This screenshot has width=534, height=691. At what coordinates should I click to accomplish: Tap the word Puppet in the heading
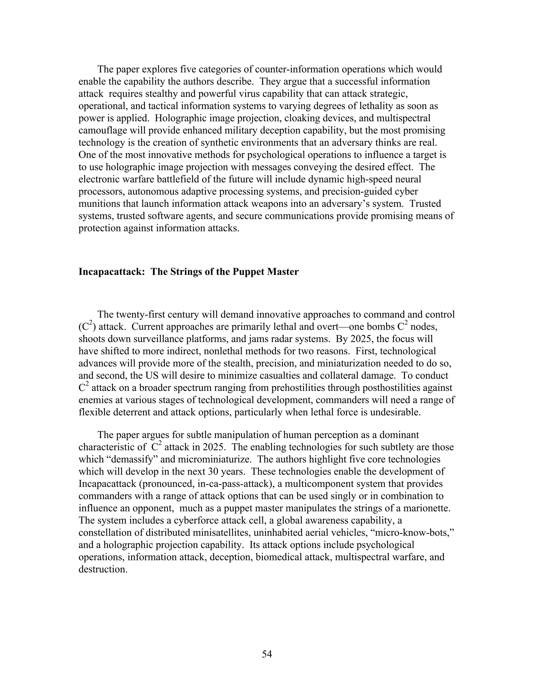coord(248,272)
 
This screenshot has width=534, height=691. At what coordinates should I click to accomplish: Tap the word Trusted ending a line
coord(425,203)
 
